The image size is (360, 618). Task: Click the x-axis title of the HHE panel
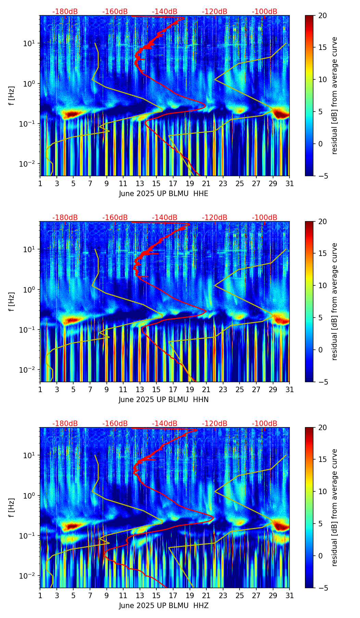[164, 194]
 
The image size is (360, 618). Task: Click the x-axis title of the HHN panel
[164, 400]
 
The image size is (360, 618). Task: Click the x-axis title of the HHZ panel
[164, 606]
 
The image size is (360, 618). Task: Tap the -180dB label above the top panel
[65, 12]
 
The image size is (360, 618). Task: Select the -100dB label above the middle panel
[265, 218]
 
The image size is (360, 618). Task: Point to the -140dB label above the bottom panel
[165, 424]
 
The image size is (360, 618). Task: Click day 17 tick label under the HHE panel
[173, 183]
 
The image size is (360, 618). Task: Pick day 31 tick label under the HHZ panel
[290, 595]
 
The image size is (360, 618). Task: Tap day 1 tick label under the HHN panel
[40, 389]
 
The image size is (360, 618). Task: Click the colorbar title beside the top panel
[335, 95]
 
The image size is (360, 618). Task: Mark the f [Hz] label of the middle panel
[12, 301]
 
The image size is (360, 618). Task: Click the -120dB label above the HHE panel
[215, 12]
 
